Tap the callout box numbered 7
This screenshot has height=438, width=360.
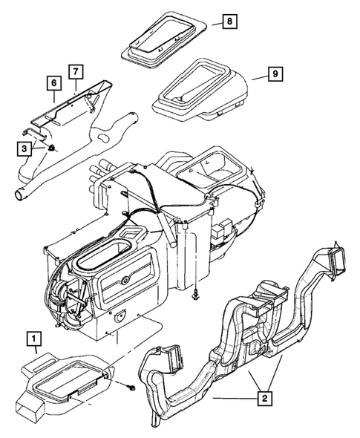76,72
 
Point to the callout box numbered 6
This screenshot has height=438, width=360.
53,84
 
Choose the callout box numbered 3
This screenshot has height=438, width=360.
26,149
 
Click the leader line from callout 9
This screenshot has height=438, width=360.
257,76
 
